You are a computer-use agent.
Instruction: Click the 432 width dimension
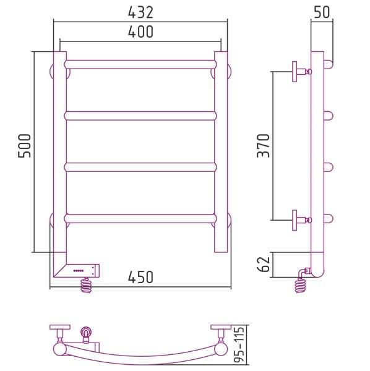tap(140, 12)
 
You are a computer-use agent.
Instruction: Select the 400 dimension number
tap(140, 32)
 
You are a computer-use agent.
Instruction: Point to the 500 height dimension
tap(24, 146)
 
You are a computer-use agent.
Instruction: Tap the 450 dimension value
tap(140, 277)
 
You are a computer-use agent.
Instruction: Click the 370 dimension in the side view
tap(263, 146)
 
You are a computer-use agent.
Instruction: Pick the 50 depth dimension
tap(322, 12)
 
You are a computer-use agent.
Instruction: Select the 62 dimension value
tap(263, 264)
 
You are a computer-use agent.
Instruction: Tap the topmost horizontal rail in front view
tap(140, 64)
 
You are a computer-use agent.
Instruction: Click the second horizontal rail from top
tap(140, 116)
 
